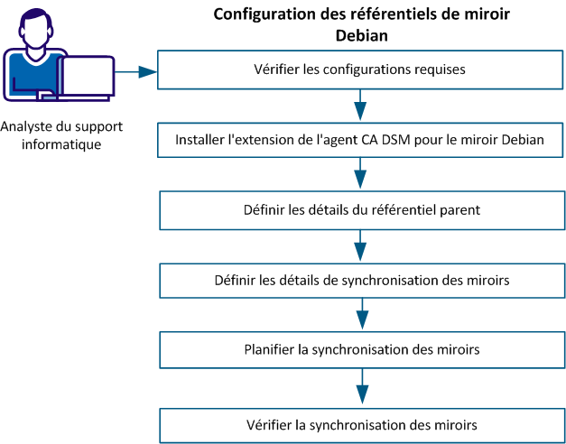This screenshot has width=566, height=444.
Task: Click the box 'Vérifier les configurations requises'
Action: pyautogui.click(x=360, y=69)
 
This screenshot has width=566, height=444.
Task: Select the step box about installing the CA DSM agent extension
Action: pyautogui.click(x=360, y=140)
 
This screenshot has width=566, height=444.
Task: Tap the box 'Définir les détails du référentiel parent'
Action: pyautogui.click(x=360, y=210)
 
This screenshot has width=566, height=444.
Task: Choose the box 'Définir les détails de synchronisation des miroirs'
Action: pyautogui.click(x=360, y=281)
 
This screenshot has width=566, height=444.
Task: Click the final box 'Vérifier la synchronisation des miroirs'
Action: pyautogui.click(x=360, y=423)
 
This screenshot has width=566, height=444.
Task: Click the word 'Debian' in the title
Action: pyautogui.click(x=359, y=35)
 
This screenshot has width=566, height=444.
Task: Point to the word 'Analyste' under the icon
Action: pyautogui.click(x=26, y=127)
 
